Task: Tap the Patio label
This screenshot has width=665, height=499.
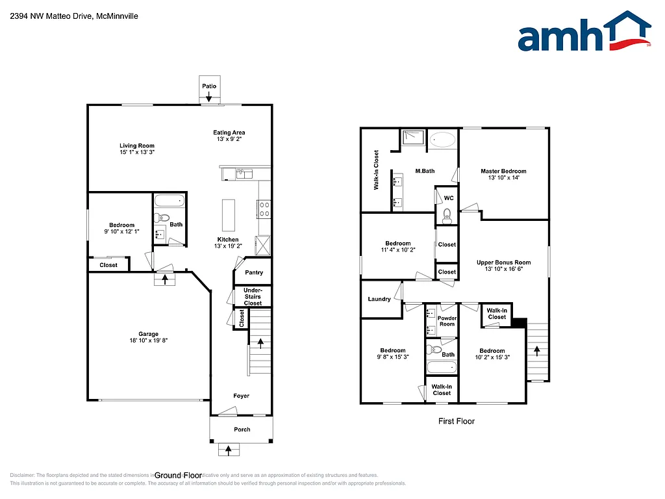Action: pyautogui.click(x=208, y=86)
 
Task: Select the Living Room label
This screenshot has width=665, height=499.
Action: pyautogui.click(x=137, y=146)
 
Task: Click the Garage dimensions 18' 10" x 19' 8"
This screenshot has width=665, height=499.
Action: pyautogui.click(x=149, y=340)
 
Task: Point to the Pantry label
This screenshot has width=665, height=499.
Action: pyautogui.click(x=253, y=273)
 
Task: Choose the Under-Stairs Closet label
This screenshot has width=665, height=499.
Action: pyautogui.click(x=253, y=296)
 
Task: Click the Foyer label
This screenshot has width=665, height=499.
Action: pyautogui.click(x=241, y=396)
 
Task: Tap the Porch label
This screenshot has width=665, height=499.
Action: pyautogui.click(x=242, y=429)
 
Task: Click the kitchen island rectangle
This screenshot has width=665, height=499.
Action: pyautogui.click(x=228, y=212)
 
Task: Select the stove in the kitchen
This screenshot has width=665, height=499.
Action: pyautogui.click(x=264, y=209)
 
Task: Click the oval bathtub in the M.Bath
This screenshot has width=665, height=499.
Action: pyautogui.click(x=444, y=139)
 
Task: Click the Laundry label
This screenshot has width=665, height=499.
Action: pyautogui.click(x=379, y=299)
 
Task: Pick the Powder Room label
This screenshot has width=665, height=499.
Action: pyautogui.click(x=447, y=321)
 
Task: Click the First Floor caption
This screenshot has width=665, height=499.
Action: pyautogui.click(x=456, y=421)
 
